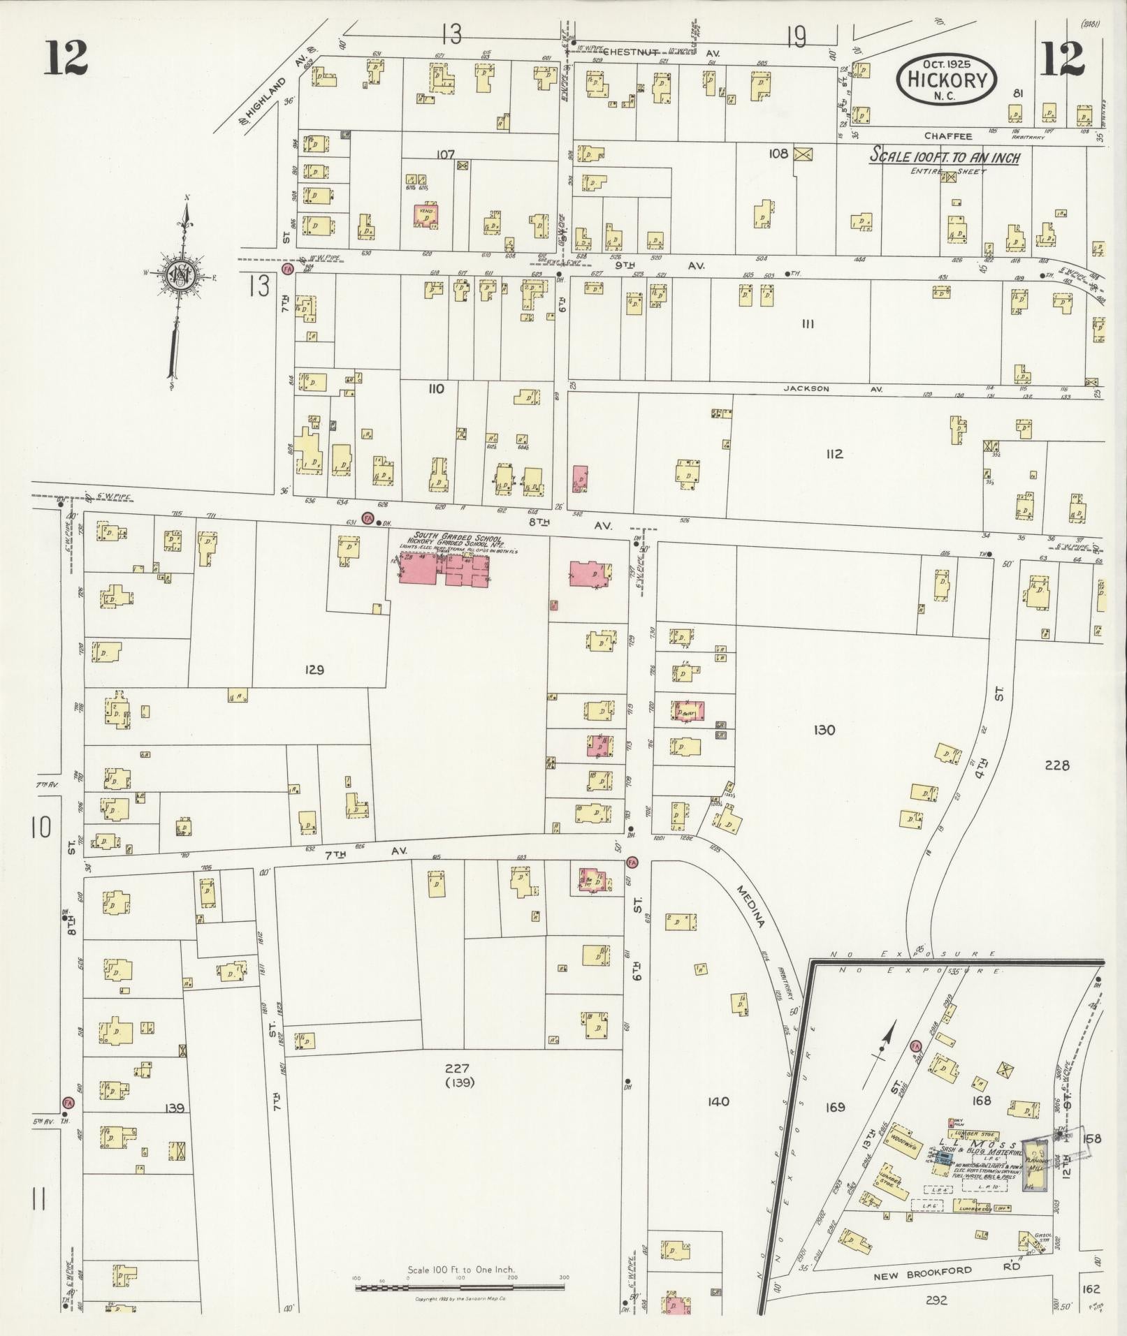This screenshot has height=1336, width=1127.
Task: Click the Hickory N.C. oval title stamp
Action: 947,80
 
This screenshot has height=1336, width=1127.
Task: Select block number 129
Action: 314,670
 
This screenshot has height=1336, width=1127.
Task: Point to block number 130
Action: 824,731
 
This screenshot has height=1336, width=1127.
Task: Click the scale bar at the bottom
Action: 460,1286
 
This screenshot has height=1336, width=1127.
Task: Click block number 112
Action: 834,454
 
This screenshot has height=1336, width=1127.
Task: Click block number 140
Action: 718,1101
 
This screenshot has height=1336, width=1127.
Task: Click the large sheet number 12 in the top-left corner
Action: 67,57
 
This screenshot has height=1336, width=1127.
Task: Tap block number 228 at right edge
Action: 1056,765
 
